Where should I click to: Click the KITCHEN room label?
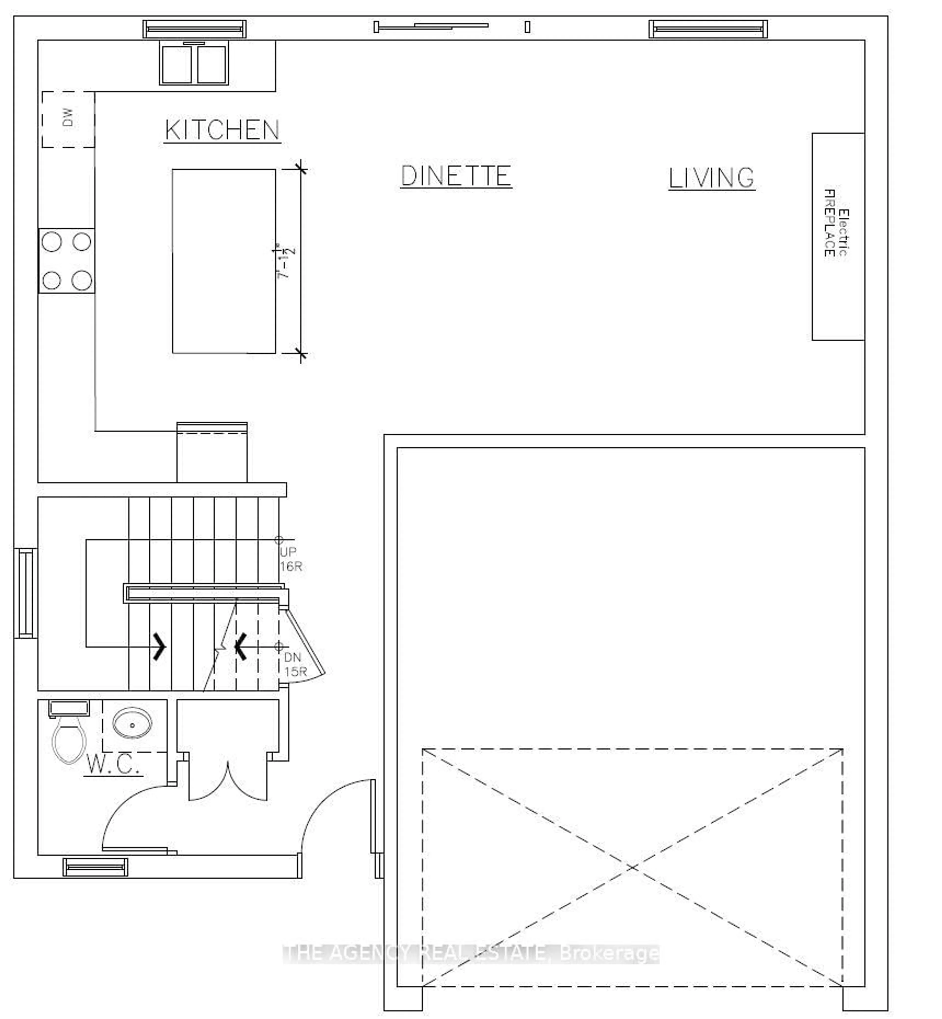(x=222, y=131)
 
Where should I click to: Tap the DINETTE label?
(x=456, y=176)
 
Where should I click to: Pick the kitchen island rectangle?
(x=224, y=261)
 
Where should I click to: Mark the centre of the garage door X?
(x=632, y=867)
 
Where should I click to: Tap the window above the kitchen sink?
(x=194, y=29)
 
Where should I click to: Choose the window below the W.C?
(x=95, y=867)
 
